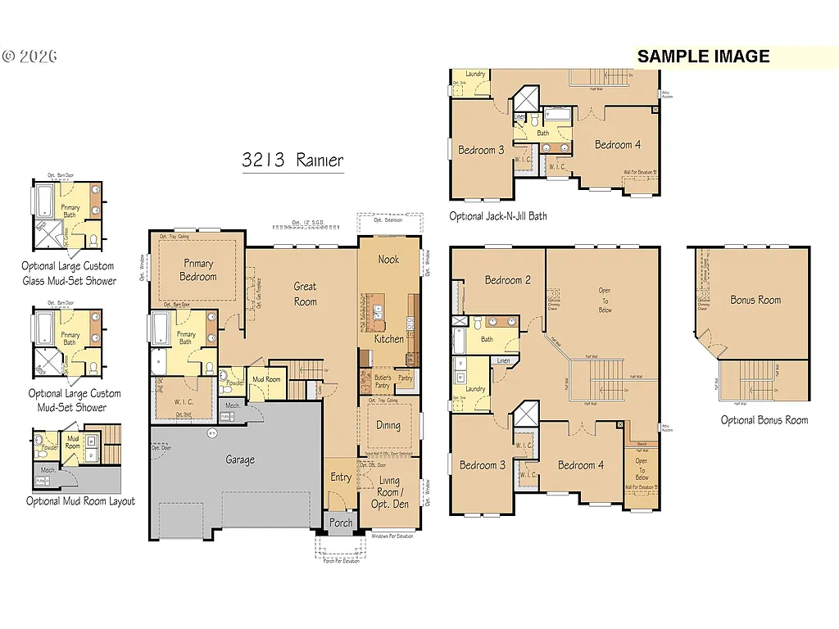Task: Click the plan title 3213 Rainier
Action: pos(293,160)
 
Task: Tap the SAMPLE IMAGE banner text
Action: pos(703,57)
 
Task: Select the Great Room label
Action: pos(306,294)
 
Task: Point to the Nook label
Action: pos(388,260)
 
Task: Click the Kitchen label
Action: pos(389,338)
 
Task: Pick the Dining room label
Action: pos(388,425)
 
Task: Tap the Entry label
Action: pos(341,477)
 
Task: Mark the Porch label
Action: pos(341,523)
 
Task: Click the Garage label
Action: pos(240,460)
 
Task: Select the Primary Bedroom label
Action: pos(198,270)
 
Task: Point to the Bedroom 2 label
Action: pos(507,280)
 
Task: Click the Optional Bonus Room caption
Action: pos(764,420)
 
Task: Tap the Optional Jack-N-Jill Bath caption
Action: pos(498,216)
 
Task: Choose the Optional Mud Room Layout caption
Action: pos(80,501)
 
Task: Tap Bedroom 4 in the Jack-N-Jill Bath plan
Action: pos(618,145)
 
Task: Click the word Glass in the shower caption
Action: pos(37,281)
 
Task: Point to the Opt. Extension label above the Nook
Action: pos(389,220)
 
